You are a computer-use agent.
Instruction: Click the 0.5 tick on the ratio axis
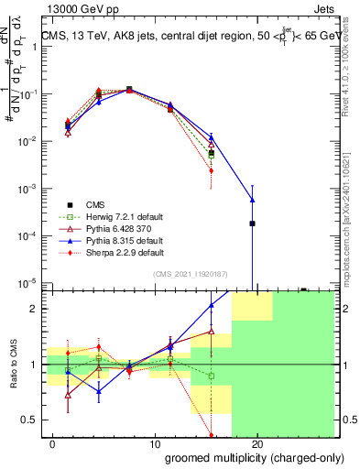click(x=31, y=420)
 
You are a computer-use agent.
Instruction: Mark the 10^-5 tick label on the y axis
click(x=27, y=282)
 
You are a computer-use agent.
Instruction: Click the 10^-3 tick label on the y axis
click(x=27, y=188)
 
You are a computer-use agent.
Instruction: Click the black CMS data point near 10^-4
click(x=252, y=224)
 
